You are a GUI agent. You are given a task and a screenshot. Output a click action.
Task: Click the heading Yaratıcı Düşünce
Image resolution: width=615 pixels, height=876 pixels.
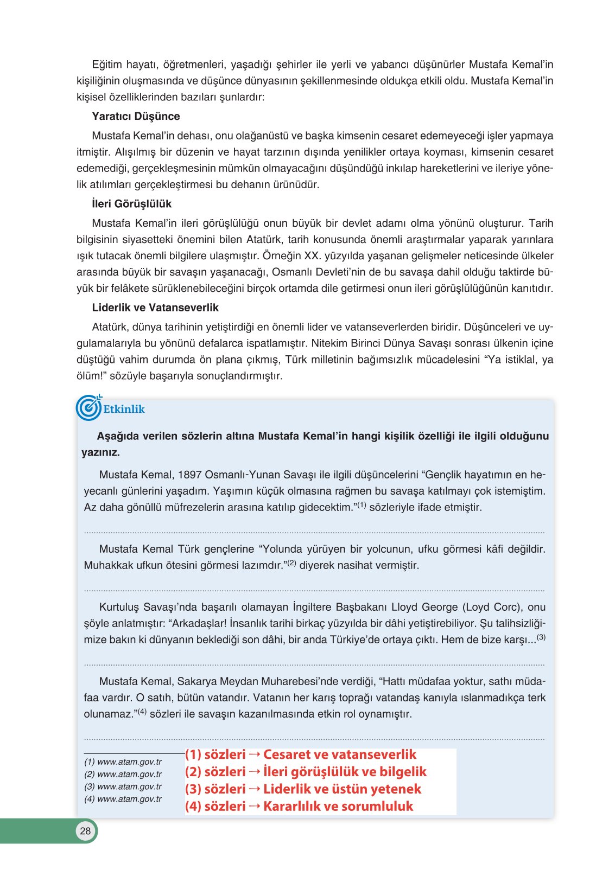[136, 116]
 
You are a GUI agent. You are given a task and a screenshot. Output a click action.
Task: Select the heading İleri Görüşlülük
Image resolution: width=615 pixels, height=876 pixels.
[131, 203]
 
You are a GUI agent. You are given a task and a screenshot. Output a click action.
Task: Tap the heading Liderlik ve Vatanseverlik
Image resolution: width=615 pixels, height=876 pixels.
[155, 308]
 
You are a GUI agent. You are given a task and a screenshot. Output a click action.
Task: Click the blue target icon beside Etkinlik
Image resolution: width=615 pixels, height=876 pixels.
[88, 408]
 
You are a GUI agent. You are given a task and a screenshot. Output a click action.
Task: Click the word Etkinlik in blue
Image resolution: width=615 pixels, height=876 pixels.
[124, 409]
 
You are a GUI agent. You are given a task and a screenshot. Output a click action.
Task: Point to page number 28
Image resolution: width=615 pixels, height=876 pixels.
[85, 831]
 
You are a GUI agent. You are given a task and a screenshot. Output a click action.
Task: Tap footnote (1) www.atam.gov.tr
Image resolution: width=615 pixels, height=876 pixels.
[123, 762]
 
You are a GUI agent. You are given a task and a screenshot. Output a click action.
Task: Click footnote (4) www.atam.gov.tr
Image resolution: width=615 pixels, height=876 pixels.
[123, 799]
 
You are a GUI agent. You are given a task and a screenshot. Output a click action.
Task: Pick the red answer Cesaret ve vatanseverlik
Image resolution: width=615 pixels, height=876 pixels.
[339, 754]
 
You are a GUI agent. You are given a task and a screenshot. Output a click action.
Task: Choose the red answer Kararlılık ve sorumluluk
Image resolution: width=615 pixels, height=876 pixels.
[338, 806]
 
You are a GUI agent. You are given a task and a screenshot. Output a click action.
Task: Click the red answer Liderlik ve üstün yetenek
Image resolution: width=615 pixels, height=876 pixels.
[342, 789]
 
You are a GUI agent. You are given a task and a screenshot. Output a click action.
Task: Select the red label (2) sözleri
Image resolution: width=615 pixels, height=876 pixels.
[215, 772]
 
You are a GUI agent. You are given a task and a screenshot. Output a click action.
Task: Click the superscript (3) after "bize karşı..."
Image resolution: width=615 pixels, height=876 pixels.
[541, 637]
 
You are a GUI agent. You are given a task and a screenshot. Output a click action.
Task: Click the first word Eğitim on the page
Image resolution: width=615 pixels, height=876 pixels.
[107, 65]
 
